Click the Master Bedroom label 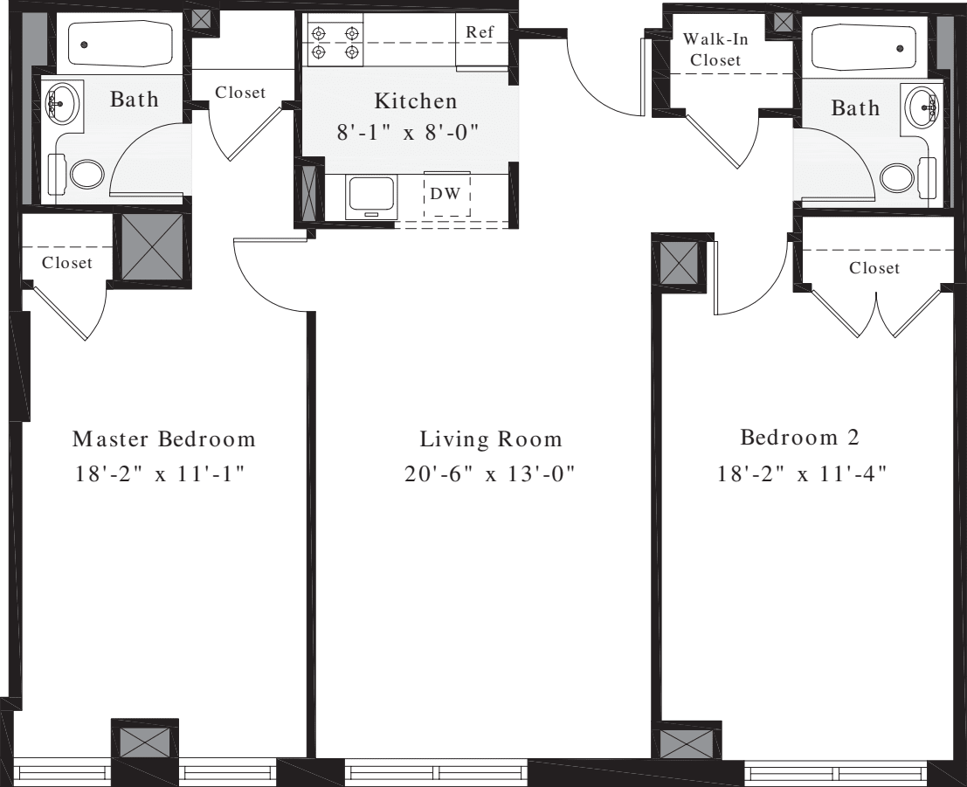pos(163,438)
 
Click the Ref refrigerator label pos(480,31)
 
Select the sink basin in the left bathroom pos(60,106)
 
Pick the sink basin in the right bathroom pos(922,107)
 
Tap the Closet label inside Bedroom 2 pos(874,268)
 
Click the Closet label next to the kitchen pos(240,93)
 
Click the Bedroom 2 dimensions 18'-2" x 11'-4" pos(801,474)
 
